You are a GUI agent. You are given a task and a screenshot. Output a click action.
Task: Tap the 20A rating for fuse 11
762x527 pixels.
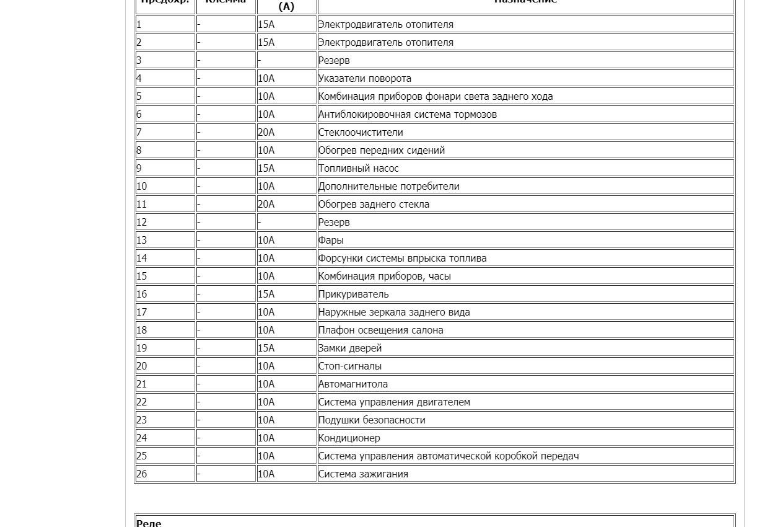[266, 205]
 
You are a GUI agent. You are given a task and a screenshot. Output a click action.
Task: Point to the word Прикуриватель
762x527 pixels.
[353, 294]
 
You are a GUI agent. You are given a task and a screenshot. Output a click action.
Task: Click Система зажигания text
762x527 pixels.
[363, 474]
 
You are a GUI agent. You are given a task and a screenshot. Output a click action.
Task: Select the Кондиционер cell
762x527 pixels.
[349, 438]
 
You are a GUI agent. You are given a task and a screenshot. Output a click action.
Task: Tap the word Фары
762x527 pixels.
[331, 241]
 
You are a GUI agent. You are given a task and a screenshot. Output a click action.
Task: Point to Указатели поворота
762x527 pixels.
[364, 79]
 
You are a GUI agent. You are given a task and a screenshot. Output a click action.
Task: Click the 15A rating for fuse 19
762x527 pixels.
[266, 348]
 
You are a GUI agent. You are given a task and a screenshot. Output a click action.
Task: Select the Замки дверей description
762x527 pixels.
[349, 348]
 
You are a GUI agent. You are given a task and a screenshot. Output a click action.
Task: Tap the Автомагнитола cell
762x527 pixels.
[353, 384]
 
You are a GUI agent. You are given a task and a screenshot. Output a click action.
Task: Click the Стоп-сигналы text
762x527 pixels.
[349, 366]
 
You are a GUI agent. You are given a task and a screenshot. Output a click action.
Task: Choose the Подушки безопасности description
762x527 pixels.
[372, 420]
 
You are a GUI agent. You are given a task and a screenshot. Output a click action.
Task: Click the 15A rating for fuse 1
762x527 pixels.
[266, 25]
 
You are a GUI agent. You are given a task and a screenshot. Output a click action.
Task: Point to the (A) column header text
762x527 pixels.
[286, 7]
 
